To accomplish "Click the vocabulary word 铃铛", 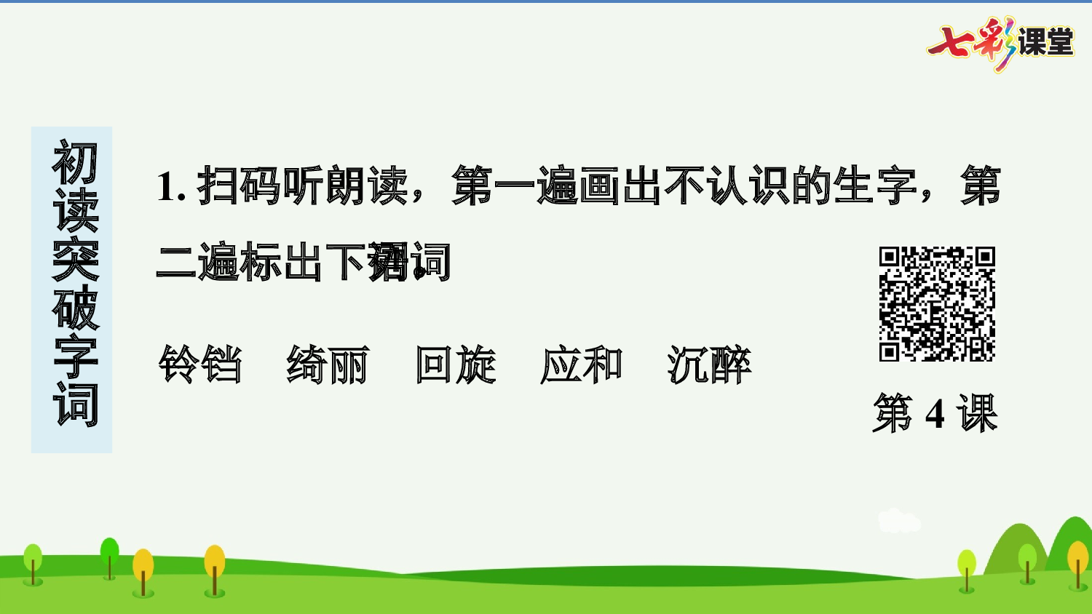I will (200, 364).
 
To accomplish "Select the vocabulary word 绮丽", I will (328, 364).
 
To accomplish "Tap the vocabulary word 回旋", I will (456, 364).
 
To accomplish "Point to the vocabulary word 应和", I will (582, 364).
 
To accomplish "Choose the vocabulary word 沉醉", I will (709, 364).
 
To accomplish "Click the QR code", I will (937, 304).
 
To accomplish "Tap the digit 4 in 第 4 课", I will (935, 415).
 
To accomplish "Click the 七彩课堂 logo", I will (1000, 43).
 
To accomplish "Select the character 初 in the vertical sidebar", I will (74, 163).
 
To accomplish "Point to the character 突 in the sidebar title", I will (74, 259).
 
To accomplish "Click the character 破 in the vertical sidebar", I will (74, 308).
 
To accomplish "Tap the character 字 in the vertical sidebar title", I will (74, 356).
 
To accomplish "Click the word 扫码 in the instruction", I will (239, 186).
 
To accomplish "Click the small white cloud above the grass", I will (898, 521).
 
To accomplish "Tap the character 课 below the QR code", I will (977, 414).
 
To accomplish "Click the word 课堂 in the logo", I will (1045, 42).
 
